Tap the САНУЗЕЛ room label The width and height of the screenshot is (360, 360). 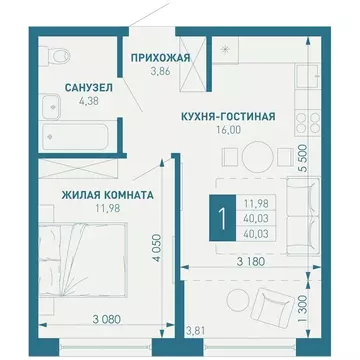click(x=62, y=88)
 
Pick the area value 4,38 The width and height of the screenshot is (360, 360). click(x=62, y=101)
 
